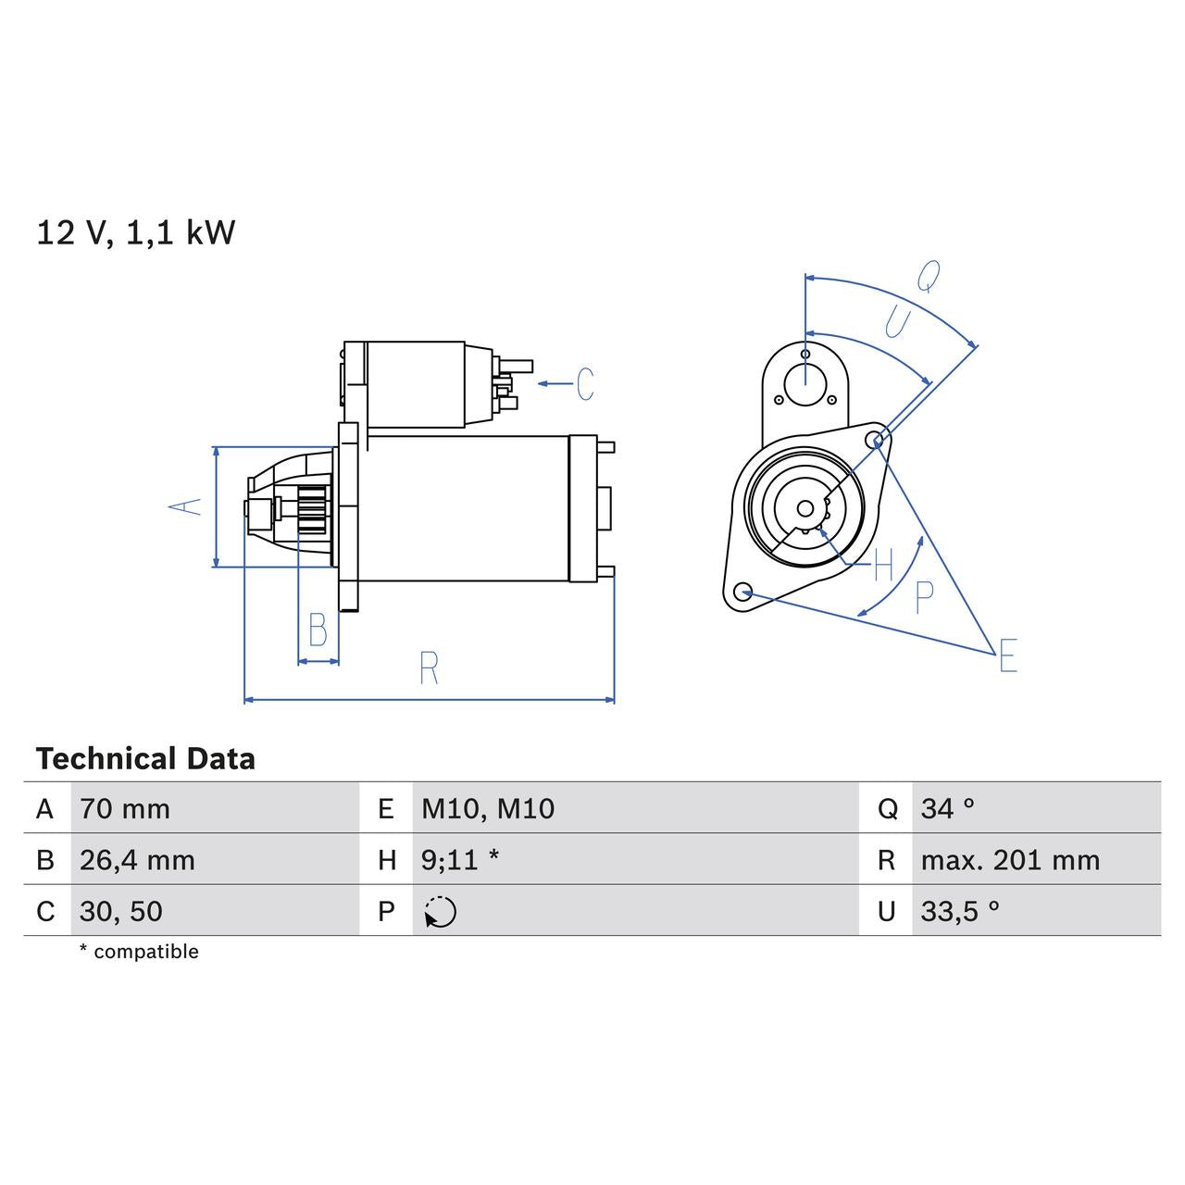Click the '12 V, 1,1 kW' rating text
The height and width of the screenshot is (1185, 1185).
click(136, 232)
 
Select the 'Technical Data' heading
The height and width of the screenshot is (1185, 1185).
click(145, 759)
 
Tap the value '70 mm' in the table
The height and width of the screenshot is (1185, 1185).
click(125, 808)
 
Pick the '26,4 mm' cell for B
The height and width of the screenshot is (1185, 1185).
click(137, 860)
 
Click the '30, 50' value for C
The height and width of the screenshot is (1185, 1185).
click(121, 911)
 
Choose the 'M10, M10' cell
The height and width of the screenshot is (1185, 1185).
click(488, 808)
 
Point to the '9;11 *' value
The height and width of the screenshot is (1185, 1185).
click(460, 860)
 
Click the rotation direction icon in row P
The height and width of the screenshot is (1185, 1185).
click(441, 912)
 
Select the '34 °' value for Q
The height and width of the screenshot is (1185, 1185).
click(948, 808)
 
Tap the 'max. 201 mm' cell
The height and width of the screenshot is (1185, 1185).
click(1010, 860)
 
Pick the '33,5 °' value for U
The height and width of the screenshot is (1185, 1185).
click(960, 911)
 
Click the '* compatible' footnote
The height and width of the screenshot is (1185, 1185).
click(139, 952)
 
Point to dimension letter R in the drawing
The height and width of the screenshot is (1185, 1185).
click(429, 668)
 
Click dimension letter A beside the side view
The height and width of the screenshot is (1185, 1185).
click(185, 505)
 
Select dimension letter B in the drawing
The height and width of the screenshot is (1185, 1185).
click(318, 630)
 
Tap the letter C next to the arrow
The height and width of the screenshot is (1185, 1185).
click(585, 384)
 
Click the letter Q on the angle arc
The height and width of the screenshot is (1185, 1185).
click(929, 275)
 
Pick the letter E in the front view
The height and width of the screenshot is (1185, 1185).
click(1008, 655)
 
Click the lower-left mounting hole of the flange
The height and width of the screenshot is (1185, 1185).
click(742, 592)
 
